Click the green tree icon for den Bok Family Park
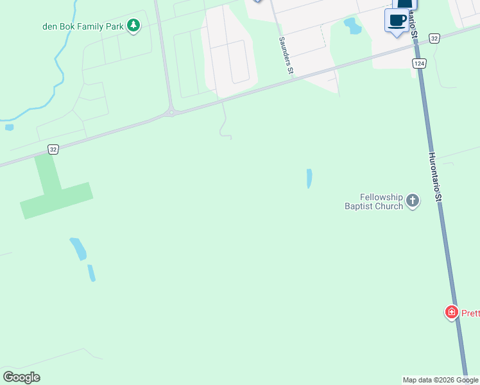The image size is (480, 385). pyautogui.click(x=133, y=26)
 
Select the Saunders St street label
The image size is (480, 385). pyautogui.click(x=285, y=56)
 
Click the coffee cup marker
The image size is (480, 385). pyautogui.click(x=397, y=20)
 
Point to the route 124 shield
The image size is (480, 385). pyautogui.click(x=419, y=64)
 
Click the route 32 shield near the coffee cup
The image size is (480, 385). pyautogui.click(x=434, y=38)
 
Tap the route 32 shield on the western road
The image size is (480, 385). pyautogui.click(x=53, y=149)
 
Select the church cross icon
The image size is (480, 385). pyautogui.click(x=413, y=201)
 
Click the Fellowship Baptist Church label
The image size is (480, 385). pyautogui.click(x=374, y=201)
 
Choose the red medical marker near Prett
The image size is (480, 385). pyautogui.click(x=452, y=312)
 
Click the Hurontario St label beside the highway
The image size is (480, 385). pyautogui.click(x=435, y=178)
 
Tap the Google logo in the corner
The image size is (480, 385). pyautogui.click(x=22, y=377)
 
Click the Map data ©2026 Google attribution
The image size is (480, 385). pyautogui.click(x=440, y=380)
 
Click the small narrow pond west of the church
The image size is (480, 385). pyautogui.click(x=309, y=178)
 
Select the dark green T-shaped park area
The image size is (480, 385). pyautogui.click(x=55, y=189)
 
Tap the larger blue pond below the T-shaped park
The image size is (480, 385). pyautogui.click(x=78, y=248)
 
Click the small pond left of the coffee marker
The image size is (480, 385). pyautogui.click(x=352, y=26)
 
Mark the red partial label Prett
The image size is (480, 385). pyautogui.click(x=470, y=313)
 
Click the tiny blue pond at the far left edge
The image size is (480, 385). pyautogui.click(x=9, y=127)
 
